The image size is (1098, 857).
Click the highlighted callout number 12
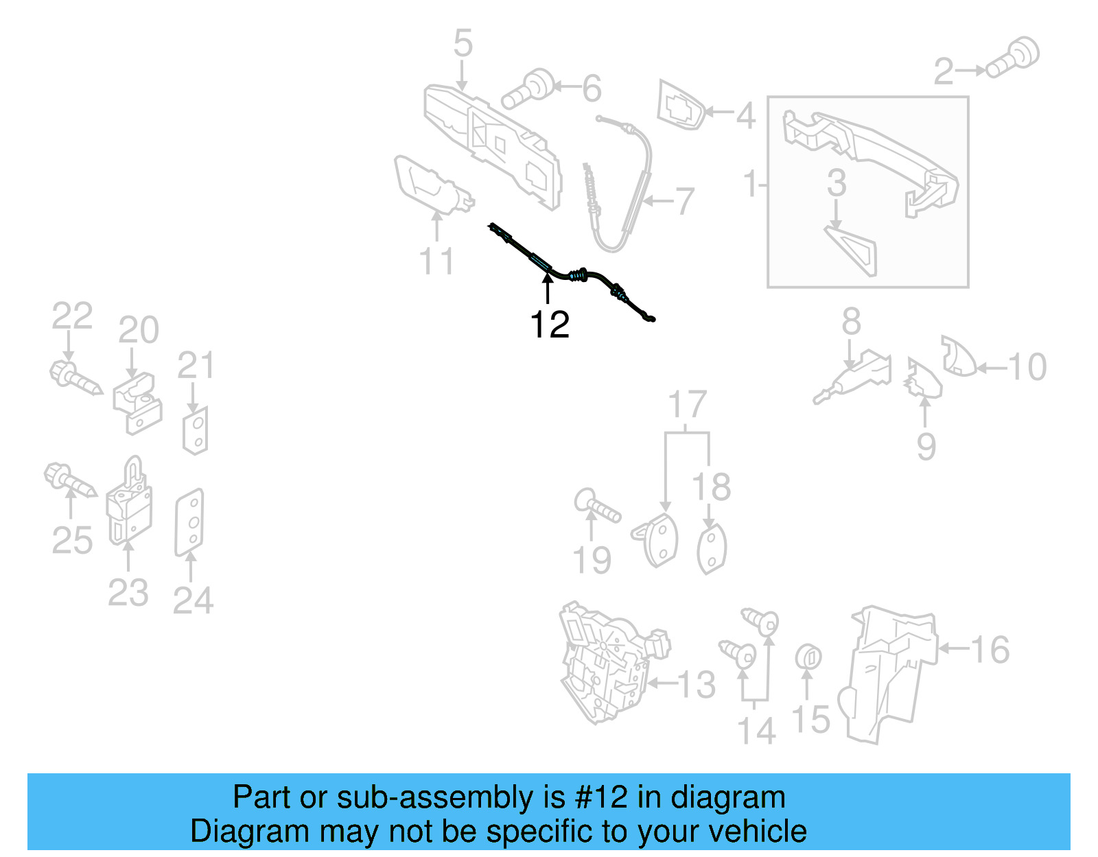(550, 325)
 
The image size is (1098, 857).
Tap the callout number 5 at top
(463, 43)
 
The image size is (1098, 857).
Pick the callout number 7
(685, 202)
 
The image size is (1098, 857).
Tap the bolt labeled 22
(75, 378)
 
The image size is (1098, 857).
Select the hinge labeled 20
(137, 403)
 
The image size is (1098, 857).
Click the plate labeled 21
(196, 431)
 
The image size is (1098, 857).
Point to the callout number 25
(72, 541)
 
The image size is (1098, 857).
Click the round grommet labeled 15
(808, 658)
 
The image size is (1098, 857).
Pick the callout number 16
(990, 650)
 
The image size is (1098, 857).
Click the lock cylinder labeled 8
(854, 376)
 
